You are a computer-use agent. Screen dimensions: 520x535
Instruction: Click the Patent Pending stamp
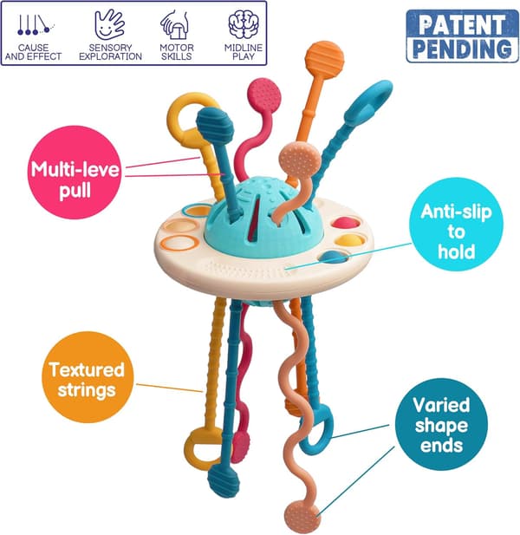(x=463, y=36)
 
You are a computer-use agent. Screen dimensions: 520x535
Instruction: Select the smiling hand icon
(x=109, y=24)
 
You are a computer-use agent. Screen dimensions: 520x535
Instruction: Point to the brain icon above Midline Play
(x=244, y=24)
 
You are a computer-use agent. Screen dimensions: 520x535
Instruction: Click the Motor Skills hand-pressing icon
(x=175, y=24)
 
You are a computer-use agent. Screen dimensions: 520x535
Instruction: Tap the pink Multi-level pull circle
(x=75, y=173)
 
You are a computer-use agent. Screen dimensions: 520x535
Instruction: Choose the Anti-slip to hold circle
(x=456, y=225)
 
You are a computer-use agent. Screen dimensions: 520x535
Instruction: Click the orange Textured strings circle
(x=88, y=377)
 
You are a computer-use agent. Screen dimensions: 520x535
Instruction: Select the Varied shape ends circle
(x=442, y=425)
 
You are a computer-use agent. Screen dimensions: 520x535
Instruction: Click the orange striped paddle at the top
(x=324, y=60)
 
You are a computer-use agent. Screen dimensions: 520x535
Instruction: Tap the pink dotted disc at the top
(x=264, y=95)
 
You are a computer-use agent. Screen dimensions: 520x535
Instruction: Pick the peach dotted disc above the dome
(x=300, y=160)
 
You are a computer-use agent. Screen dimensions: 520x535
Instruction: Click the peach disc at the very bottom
(x=301, y=518)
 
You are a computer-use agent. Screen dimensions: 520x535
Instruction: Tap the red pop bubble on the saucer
(x=346, y=223)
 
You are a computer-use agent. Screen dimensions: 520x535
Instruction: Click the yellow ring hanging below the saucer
(x=198, y=448)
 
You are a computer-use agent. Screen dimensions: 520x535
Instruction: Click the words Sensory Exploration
(x=110, y=52)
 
